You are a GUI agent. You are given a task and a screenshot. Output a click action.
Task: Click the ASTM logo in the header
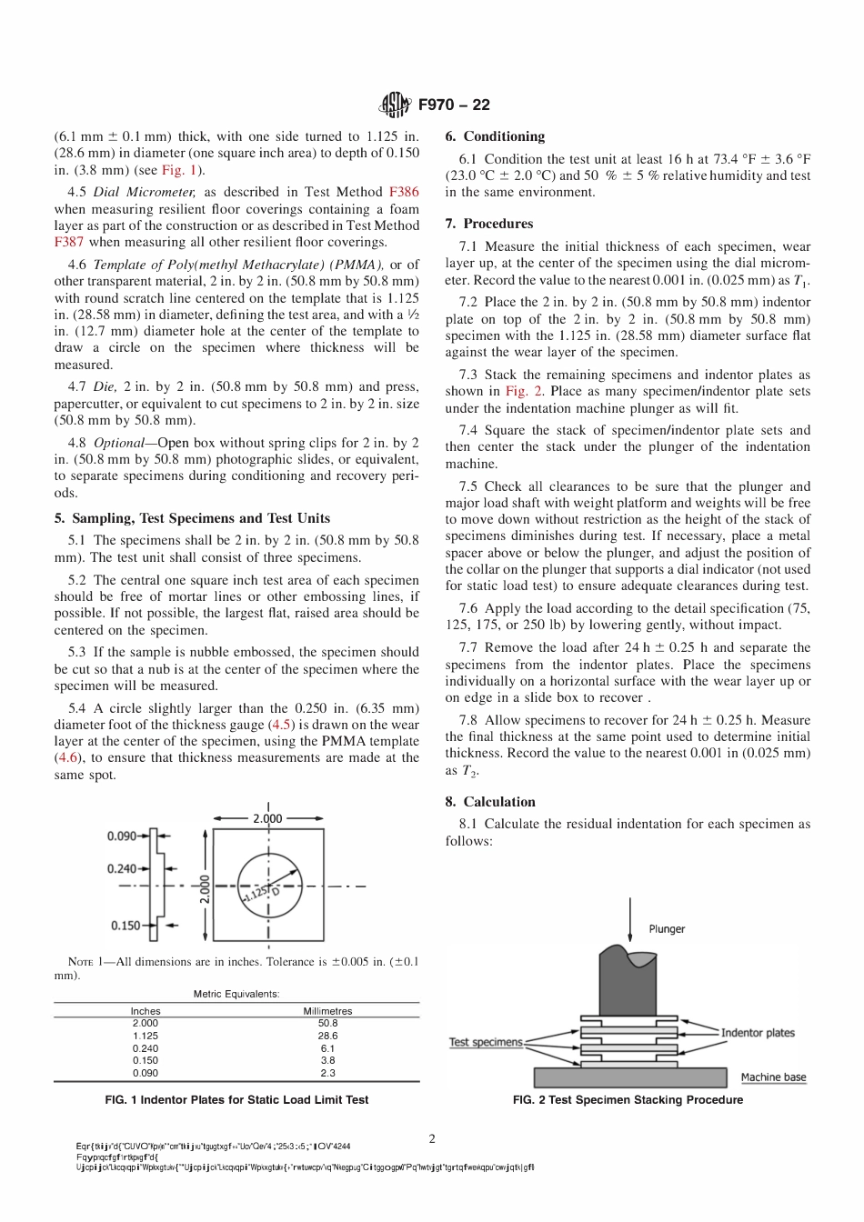tap(396, 105)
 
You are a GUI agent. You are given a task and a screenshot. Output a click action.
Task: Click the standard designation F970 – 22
tap(454, 105)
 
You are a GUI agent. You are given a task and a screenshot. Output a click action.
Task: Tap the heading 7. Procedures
tap(489, 224)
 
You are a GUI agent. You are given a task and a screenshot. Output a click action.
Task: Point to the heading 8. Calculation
tap(490, 802)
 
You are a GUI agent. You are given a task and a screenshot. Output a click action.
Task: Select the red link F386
tap(404, 192)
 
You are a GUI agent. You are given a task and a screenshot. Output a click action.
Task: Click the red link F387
tap(69, 242)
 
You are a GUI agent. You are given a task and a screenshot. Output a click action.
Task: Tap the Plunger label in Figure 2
tap(667, 928)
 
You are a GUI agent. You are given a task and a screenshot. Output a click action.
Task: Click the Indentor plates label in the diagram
tap(758, 1032)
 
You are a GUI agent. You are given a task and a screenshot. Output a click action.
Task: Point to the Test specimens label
tap(486, 1042)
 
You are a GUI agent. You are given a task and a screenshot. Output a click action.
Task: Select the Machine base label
tap(773, 1077)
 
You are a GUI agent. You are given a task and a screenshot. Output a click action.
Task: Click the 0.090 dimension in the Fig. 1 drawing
tap(122, 836)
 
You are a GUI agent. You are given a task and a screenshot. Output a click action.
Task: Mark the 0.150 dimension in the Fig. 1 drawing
tap(126, 926)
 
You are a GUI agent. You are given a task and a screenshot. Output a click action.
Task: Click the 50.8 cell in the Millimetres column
tap(327, 1023)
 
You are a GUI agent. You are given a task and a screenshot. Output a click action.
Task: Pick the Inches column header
tap(146, 1011)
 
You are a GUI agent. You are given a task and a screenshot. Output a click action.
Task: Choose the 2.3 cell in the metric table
tap(327, 1073)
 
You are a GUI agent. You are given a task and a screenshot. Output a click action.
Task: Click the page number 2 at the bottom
tap(432, 1138)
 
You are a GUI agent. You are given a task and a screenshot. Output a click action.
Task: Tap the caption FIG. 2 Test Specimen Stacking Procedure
tap(628, 1100)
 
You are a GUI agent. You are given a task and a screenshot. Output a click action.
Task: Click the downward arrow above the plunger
tap(629, 918)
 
